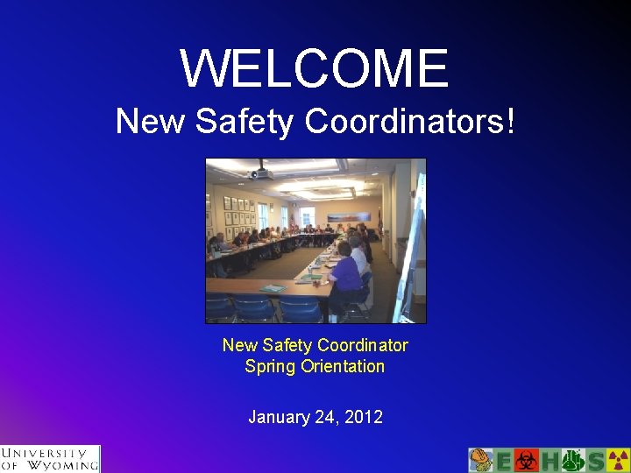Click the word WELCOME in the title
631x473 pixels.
coord(315,68)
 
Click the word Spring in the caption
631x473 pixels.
coord(270,366)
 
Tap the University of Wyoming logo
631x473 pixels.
coord(50,459)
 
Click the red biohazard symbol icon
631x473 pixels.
coord(526,461)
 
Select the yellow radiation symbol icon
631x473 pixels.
coord(618,461)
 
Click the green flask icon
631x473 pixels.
coord(572,461)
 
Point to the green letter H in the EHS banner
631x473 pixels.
coord(549,461)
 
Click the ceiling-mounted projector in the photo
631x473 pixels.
coord(260,172)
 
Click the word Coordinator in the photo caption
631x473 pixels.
coord(363,345)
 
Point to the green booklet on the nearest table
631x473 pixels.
coord(273,288)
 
